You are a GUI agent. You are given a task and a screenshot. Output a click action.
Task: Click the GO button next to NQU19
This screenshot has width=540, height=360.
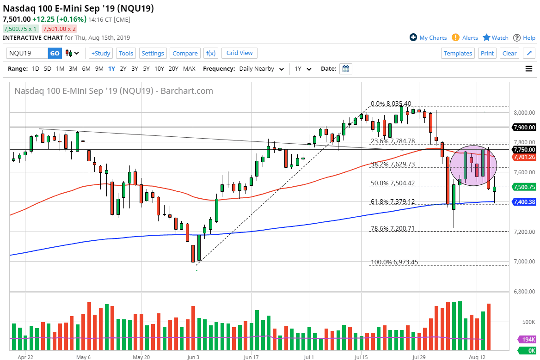coord(55,53)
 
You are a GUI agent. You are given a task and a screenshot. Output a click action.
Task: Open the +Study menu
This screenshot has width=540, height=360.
coord(100,53)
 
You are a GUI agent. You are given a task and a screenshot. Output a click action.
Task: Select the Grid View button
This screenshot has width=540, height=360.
coord(239,53)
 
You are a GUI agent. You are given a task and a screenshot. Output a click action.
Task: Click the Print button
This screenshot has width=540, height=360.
coord(487,53)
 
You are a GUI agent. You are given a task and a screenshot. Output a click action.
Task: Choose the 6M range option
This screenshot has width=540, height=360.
coord(86,69)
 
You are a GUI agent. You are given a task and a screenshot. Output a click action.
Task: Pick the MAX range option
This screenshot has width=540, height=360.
coord(189,69)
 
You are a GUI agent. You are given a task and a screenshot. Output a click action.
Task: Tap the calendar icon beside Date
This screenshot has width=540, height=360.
coord(345,69)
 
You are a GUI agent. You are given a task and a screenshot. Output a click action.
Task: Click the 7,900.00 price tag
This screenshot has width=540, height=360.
coord(524,127)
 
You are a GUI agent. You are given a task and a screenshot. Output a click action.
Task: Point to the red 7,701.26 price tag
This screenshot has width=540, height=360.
coord(524,157)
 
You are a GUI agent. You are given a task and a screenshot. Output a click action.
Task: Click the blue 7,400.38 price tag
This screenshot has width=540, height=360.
coord(524,202)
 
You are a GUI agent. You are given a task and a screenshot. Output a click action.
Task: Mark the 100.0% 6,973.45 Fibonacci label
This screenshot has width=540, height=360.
coord(394,262)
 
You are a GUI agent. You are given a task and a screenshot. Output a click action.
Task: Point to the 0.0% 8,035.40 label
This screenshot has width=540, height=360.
coord(391,104)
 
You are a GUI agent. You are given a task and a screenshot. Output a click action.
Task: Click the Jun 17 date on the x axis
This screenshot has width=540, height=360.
coord(251,357)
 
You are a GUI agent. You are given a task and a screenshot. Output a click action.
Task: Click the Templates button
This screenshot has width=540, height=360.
coord(458,53)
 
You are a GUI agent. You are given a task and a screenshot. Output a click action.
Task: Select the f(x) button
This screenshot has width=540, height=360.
coord(210,53)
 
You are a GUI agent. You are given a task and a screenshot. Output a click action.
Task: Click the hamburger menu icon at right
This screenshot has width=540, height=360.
coord(529,69)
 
